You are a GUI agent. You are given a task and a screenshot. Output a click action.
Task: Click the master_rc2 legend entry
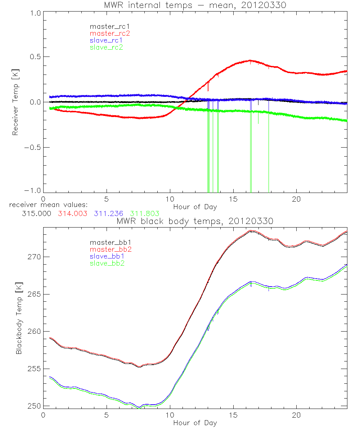click(x=109, y=33)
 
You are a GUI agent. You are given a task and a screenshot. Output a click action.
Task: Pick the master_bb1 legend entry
click(x=109, y=242)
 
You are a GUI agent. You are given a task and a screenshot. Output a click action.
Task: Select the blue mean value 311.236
click(x=108, y=213)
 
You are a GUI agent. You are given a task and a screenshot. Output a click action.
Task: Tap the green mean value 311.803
click(x=144, y=213)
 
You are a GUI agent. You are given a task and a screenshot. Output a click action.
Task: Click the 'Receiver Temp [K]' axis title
click(x=15, y=102)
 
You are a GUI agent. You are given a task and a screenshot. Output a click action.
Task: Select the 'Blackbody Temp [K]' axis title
click(x=19, y=317)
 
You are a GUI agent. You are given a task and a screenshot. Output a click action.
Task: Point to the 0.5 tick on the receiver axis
click(x=34, y=57)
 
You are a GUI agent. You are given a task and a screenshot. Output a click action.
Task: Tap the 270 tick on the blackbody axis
click(x=35, y=257)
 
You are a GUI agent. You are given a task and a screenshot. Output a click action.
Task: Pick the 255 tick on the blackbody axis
click(x=35, y=369)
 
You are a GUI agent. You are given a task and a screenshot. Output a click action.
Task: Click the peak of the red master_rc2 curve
click(x=250, y=60)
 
